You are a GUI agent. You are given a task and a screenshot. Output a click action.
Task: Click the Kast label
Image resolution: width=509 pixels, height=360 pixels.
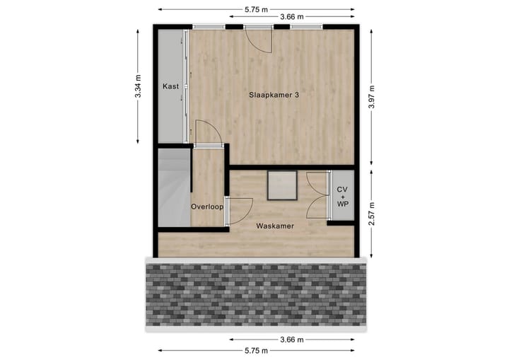point(170,86)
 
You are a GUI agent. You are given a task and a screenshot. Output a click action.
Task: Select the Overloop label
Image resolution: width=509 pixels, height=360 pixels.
point(207,207)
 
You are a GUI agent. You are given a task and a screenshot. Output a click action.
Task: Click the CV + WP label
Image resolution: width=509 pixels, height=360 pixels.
point(343,196)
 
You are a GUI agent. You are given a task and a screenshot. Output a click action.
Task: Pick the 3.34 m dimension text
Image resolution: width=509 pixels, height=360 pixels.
point(139,86)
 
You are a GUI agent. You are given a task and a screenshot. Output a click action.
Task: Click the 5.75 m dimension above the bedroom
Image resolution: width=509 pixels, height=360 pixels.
point(255,9)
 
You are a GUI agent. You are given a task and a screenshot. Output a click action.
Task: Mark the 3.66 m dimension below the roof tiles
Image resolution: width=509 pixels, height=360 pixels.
point(292,339)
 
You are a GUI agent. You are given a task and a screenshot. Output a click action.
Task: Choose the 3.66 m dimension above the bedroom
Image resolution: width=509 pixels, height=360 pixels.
point(292,17)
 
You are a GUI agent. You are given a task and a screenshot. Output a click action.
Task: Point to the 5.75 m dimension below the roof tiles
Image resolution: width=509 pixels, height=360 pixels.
point(255,350)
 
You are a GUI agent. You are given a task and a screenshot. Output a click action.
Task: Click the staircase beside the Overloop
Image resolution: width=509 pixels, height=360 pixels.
point(173,189)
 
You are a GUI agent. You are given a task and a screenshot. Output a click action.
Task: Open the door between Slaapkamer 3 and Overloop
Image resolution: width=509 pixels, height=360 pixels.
point(207,134)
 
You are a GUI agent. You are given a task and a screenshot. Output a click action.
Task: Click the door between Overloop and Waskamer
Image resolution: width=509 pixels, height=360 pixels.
point(238,211)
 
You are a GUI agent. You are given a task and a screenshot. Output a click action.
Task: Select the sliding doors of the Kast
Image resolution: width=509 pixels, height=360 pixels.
point(187,85)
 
